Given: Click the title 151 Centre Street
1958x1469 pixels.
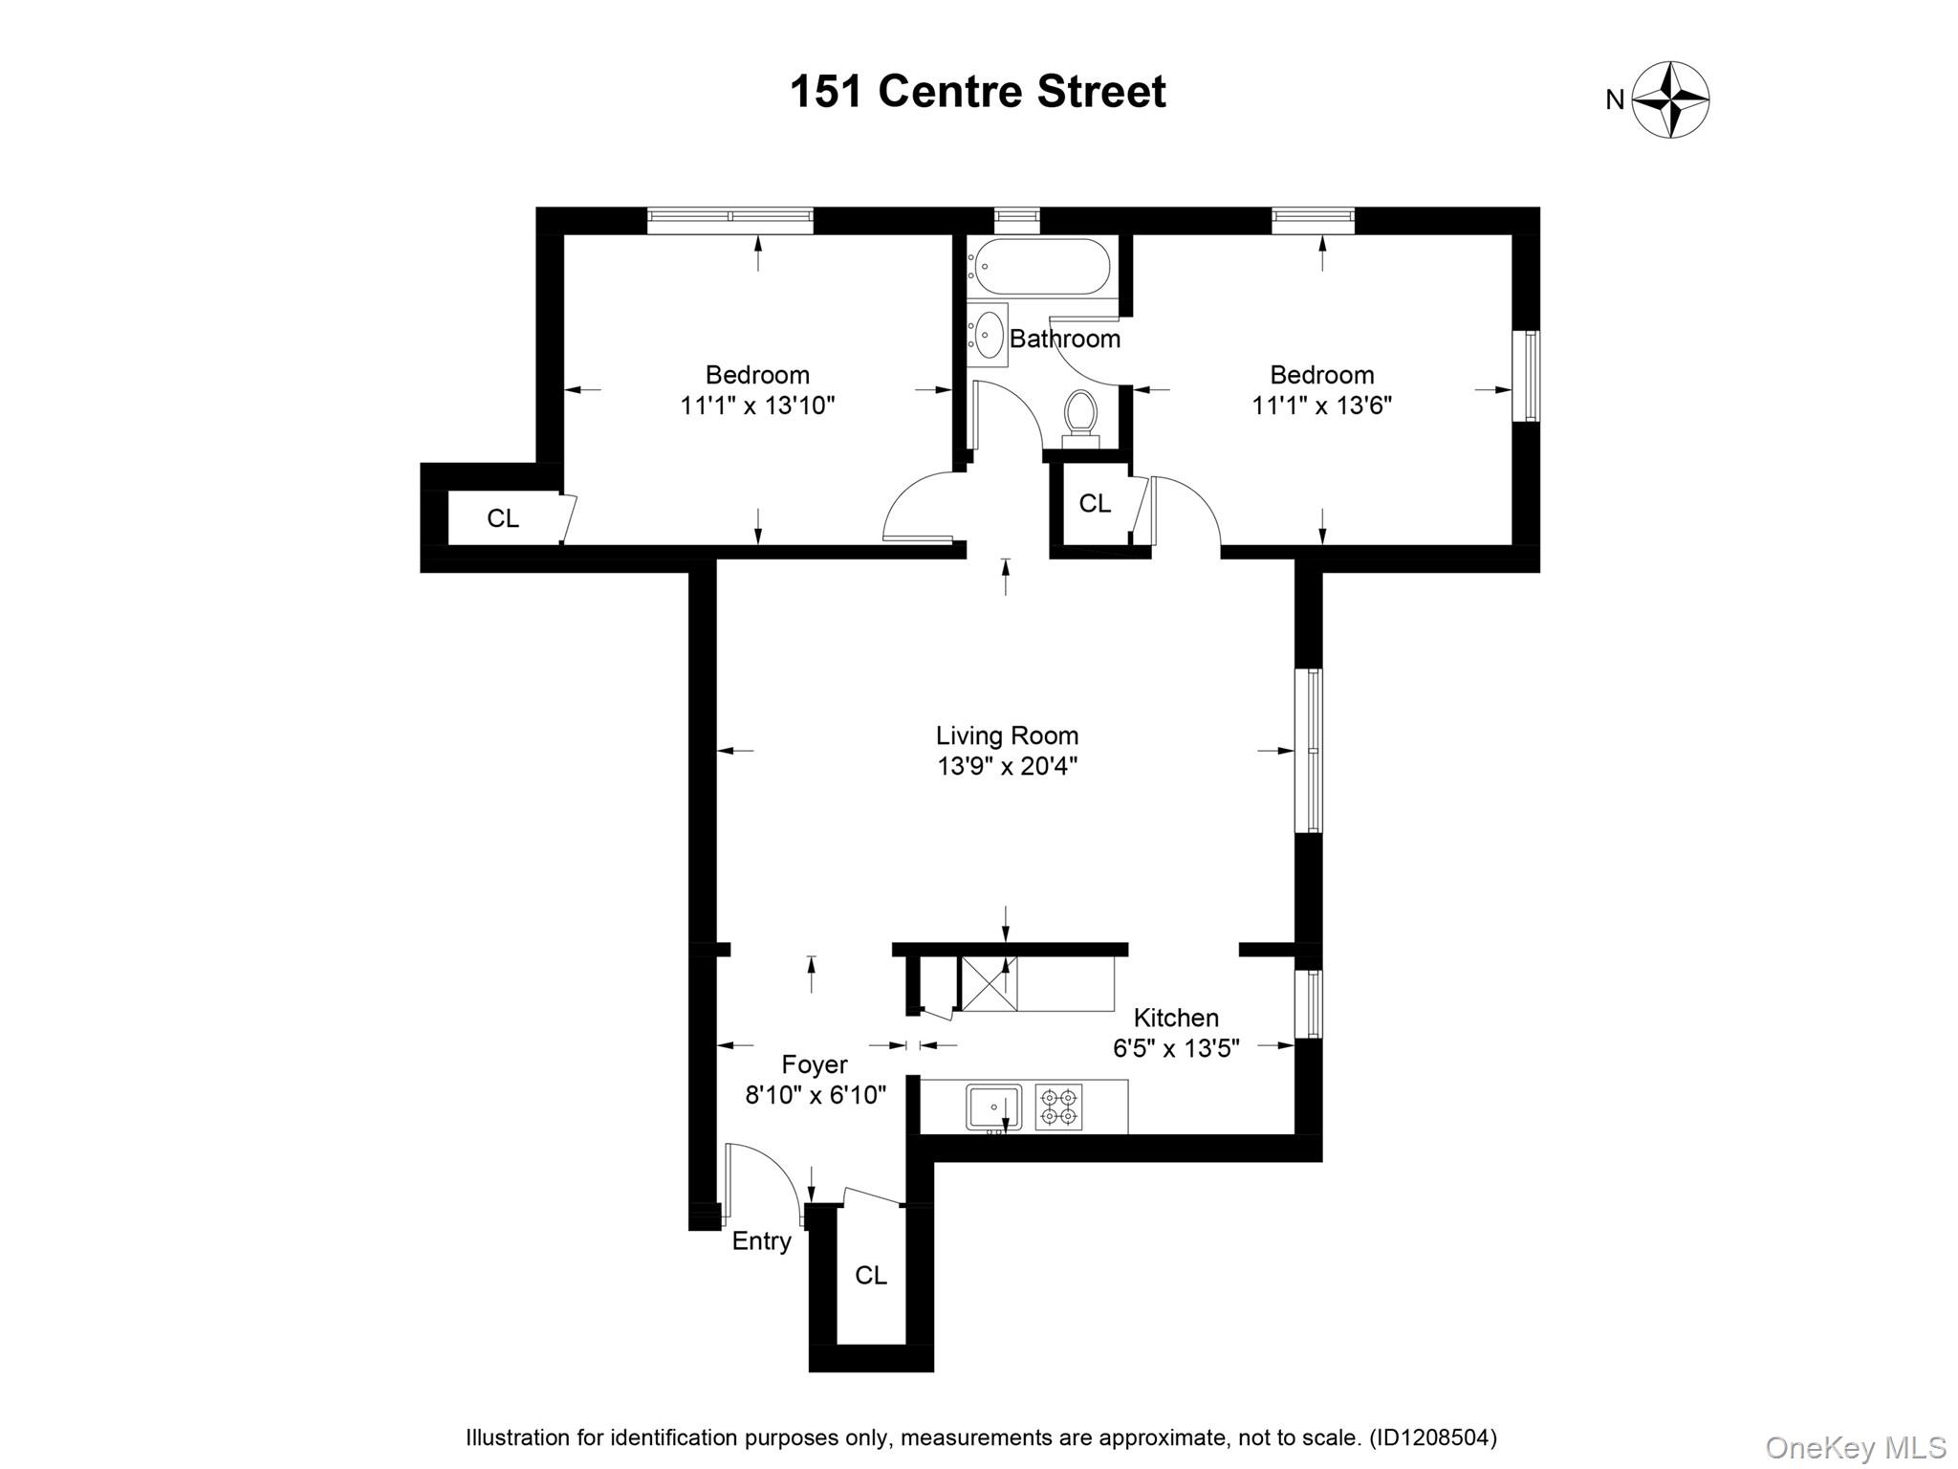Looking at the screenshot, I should [977, 93].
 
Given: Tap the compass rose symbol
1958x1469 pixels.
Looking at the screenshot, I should [1670, 99].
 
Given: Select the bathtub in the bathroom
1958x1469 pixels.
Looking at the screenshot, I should [1038, 266].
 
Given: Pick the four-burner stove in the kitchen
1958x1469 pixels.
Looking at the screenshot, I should [1058, 1107].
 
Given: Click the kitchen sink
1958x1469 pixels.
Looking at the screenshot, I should [993, 1107].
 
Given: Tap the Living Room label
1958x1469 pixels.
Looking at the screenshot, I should [1007, 735].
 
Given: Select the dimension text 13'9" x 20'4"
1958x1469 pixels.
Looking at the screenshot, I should [1007, 766].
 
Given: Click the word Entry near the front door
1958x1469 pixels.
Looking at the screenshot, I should [761, 1241].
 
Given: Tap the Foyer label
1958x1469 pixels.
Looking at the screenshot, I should [815, 1064].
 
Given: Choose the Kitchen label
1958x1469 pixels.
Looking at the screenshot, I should [1176, 1018].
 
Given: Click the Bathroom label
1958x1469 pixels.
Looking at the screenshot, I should [1065, 339].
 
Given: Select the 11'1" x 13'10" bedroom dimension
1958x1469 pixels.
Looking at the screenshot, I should [757, 406].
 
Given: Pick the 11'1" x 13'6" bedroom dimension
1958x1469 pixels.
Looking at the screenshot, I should [1321, 406].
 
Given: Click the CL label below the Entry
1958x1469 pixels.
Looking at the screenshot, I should [871, 1275].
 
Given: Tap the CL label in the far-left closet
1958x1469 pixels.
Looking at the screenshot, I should [503, 518].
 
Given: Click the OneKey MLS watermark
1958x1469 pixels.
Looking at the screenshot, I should [1855, 1448].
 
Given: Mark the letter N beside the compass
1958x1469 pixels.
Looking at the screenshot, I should [1615, 100].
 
